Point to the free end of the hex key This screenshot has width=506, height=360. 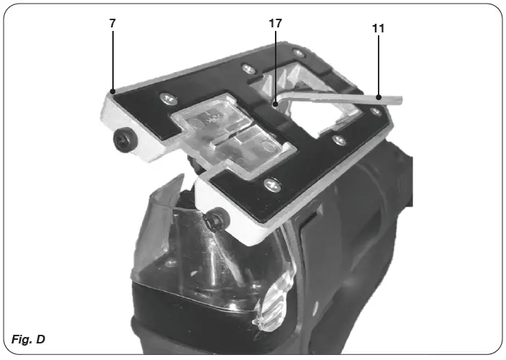pos(399,99)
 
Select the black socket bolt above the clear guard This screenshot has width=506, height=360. pos(214,222)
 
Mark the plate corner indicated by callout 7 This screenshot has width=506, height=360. pos(112,93)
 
